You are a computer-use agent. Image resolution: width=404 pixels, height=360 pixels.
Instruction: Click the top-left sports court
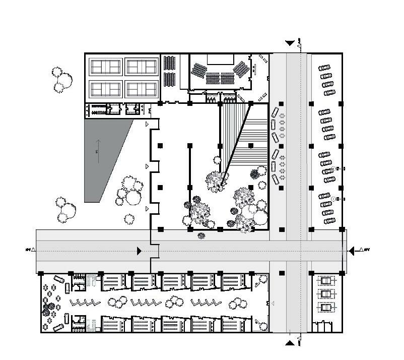pos(105,66)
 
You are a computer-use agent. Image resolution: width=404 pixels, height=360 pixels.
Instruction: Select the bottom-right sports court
pos(142,89)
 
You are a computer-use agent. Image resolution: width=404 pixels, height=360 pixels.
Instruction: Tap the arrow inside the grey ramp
pos(98,151)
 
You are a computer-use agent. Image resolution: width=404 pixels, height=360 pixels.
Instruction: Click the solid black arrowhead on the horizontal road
pos(140,251)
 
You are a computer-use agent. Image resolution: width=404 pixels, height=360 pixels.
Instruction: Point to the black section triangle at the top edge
pos(290,44)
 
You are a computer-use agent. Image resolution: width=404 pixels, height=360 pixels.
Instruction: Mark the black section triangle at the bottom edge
pos(290,343)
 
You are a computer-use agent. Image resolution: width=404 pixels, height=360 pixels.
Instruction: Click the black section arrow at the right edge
pos(353,250)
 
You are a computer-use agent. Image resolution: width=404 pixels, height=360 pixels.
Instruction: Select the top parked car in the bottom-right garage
pos(326,280)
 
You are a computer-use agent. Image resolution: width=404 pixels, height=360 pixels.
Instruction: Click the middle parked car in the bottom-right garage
pos(326,293)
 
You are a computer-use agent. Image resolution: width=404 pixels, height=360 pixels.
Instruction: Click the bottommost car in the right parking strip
pos(330,221)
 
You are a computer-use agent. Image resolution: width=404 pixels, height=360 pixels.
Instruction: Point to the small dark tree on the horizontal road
pos(201,235)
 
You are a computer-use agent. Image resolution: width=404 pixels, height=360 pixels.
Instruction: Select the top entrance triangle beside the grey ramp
pos(147,124)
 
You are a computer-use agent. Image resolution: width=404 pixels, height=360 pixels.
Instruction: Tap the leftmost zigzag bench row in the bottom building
pos(84,303)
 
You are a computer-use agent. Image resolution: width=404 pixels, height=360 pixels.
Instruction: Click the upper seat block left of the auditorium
pos(170,63)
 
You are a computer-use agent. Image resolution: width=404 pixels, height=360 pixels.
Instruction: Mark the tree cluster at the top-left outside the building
pos(62,80)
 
